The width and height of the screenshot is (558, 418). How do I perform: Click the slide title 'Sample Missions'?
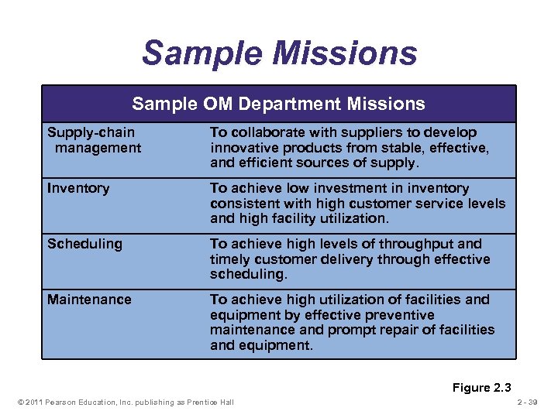tap(279, 53)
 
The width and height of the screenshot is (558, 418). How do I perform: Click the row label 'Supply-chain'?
tap(91, 132)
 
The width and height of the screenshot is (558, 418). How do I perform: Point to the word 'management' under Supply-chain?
tap(98, 147)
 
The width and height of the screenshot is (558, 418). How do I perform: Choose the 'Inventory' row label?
tap(78, 188)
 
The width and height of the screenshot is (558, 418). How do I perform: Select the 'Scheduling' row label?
tap(84, 244)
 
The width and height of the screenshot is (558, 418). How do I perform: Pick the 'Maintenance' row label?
tap(89, 300)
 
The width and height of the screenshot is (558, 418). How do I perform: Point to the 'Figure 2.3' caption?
tap(482, 388)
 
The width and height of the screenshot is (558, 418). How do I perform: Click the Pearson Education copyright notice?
tap(123, 402)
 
